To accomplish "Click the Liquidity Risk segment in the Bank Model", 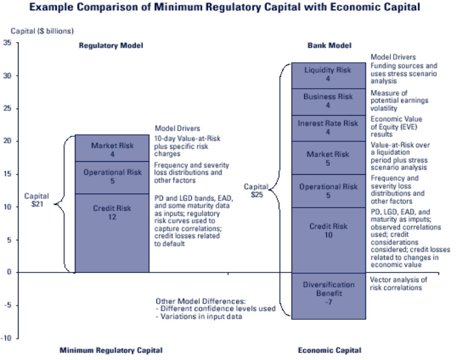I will (x=328, y=75).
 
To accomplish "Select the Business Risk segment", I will (x=328, y=101).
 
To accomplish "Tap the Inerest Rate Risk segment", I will (x=328, y=128).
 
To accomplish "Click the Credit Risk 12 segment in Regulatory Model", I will (x=112, y=233).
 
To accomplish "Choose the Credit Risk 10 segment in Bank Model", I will (x=328, y=240).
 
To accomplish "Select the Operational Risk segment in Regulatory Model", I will (x=112, y=177).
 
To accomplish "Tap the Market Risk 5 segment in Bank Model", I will (x=328, y=158).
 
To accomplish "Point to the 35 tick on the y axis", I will (x=7, y=43).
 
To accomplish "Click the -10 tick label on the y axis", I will (x=6, y=338).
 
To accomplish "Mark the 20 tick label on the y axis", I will (x=7, y=141).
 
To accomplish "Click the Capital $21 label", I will (x=36, y=200).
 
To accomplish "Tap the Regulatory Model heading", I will (x=111, y=45).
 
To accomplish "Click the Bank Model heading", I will (x=329, y=45).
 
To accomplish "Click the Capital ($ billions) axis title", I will (x=42, y=31).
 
